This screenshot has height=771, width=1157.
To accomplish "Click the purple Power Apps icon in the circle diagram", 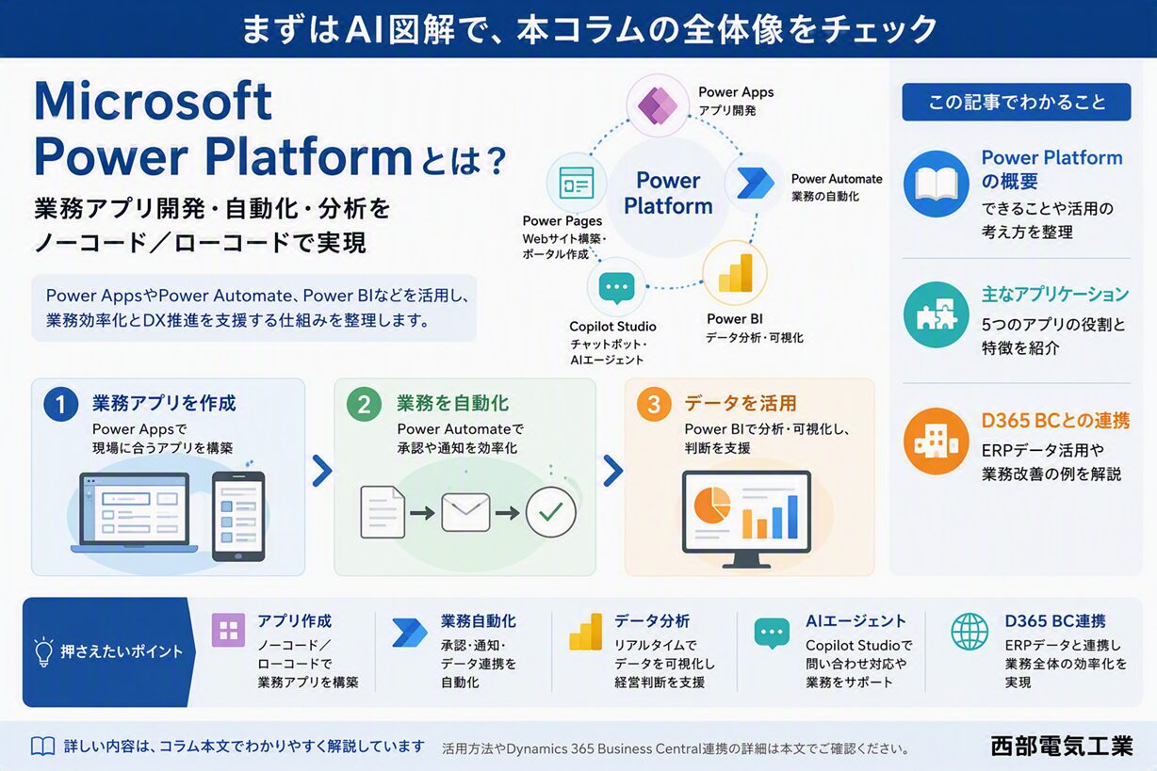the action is point(657,105).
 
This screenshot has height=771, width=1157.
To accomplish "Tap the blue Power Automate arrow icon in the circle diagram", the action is point(755,183).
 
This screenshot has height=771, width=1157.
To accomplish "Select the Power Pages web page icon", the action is point(577,183).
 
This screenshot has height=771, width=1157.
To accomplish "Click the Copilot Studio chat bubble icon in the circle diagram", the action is point(616,288).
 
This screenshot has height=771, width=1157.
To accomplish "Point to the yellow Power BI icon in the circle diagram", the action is point(735,273).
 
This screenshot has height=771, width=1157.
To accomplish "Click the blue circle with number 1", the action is point(61,404).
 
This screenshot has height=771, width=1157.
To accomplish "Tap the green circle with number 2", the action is point(364,404).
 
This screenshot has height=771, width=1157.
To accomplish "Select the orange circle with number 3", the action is point(654,404).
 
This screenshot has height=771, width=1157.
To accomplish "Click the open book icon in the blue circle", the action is point(936,184).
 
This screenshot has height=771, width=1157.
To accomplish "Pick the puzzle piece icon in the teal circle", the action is point(936,314).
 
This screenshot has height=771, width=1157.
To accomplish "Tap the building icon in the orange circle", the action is point(936,441).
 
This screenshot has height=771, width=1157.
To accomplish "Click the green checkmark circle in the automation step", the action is point(550,512).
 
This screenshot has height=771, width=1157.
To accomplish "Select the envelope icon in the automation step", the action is point(465,512).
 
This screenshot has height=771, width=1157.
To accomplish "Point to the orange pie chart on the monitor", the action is point(712,505).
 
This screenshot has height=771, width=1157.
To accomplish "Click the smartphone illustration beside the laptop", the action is point(238,517).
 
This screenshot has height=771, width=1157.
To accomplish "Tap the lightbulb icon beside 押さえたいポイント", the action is point(44,651).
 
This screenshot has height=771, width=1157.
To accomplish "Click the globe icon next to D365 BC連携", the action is point(970,631).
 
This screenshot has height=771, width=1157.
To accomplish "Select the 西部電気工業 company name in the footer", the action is point(1062,746).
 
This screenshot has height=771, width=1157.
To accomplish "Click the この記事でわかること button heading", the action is point(1017,102).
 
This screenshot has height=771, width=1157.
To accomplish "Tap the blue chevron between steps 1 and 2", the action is point(322,471).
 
